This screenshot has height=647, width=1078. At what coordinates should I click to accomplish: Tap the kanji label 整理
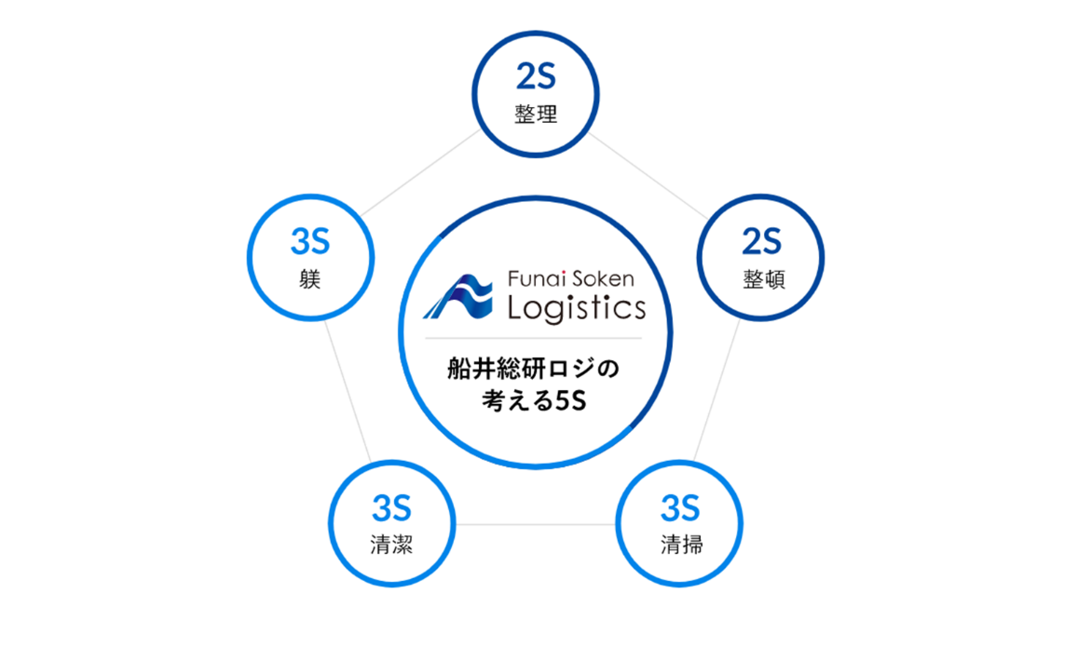coord(536,115)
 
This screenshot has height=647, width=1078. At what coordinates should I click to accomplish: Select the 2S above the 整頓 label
coord(761,242)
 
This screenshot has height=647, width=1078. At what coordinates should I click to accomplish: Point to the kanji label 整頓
coord(763,279)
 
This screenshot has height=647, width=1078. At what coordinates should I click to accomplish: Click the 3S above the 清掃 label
coord(680,509)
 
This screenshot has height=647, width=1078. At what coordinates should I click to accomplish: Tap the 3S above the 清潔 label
coord(391,509)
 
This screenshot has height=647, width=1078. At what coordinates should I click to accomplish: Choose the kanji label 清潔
coord(391,546)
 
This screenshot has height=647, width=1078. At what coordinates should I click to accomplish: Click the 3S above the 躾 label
coord(310,242)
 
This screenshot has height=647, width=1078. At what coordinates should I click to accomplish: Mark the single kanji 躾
coord(310,279)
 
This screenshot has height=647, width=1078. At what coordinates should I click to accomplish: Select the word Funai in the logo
coord(538,278)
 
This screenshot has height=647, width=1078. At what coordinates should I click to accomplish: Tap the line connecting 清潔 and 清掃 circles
coord(536,525)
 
